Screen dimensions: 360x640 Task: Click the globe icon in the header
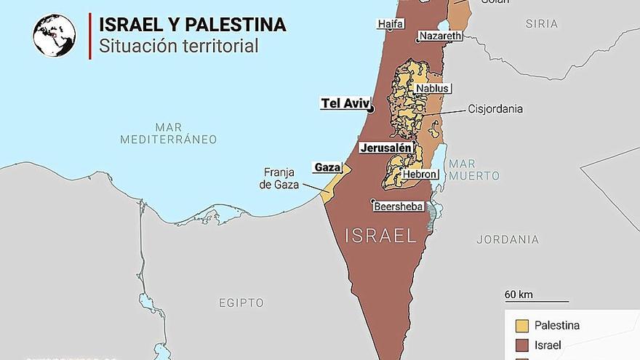(x=54, y=36)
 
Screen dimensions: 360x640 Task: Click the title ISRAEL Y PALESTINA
(x=192, y=25)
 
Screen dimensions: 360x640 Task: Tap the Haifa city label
(x=390, y=24)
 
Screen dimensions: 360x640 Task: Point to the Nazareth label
(x=439, y=36)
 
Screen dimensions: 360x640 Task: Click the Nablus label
(x=433, y=89)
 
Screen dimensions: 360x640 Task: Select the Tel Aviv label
(x=345, y=103)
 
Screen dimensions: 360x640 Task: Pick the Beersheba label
(x=398, y=207)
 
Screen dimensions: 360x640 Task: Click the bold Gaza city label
(x=327, y=167)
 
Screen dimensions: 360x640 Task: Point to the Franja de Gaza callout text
(x=279, y=179)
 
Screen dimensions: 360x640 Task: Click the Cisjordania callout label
(x=495, y=109)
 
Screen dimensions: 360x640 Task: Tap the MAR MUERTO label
(x=473, y=170)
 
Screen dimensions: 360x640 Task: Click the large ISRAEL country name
(x=380, y=236)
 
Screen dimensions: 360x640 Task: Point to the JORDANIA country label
(x=508, y=239)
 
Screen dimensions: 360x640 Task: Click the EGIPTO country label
(x=241, y=302)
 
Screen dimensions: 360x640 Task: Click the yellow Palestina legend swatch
(x=521, y=325)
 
